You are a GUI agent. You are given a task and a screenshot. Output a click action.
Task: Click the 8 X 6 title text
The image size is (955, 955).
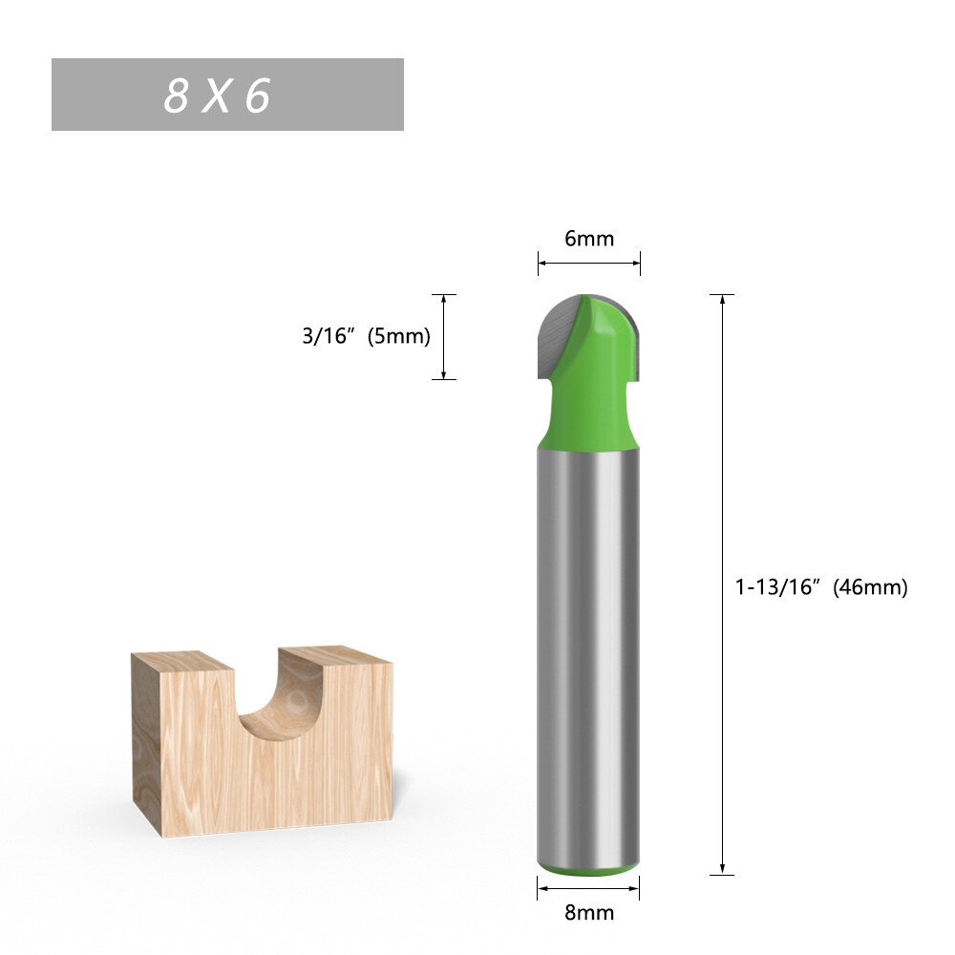[x=218, y=95]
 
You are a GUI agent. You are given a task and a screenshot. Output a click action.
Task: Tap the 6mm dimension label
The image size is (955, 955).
[x=589, y=239]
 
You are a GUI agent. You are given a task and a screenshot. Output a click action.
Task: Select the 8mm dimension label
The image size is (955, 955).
[x=589, y=913]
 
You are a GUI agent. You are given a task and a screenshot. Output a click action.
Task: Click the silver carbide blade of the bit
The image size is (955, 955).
[x=559, y=334]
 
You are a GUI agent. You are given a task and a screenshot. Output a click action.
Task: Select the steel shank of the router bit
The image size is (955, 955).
[x=588, y=659]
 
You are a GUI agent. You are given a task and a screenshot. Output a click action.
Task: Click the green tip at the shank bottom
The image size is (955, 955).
[x=588, y=870]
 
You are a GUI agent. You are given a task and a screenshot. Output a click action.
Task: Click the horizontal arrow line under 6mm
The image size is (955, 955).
[x=589, y=263]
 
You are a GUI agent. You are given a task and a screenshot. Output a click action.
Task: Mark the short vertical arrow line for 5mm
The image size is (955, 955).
[x=444, y=336]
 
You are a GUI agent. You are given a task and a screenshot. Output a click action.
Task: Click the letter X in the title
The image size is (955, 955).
[x=217, y=95]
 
